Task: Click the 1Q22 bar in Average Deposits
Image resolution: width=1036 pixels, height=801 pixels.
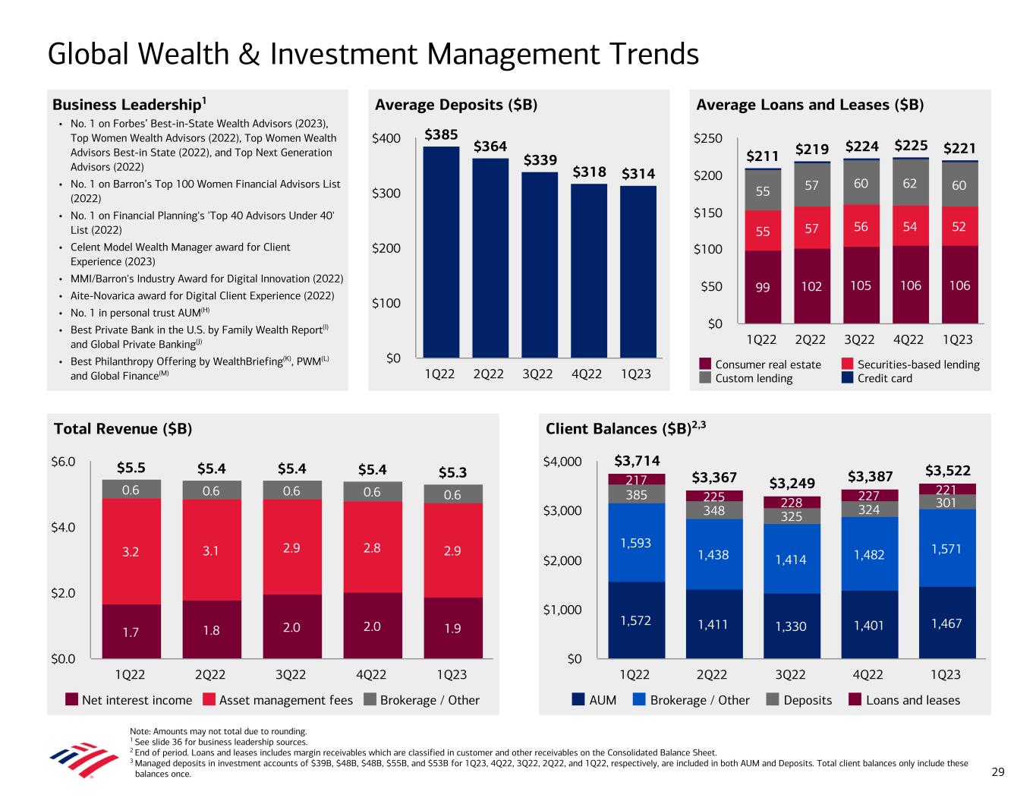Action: pos(441,251)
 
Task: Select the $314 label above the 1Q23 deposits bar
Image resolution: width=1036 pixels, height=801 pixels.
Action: pos(639,174)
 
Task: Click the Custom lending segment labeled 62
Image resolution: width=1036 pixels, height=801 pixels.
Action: pos(910,183)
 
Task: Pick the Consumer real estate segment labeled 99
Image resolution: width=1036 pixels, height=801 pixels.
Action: pos(762,286)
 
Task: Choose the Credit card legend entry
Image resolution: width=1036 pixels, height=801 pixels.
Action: pos(884,378)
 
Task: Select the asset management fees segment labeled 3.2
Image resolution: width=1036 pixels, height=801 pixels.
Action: pos(131,551)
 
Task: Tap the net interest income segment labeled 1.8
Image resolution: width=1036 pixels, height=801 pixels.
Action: pos(211,629)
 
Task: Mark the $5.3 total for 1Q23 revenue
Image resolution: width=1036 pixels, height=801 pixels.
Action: pos(453,472)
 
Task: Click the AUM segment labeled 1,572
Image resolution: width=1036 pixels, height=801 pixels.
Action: pos(635,621)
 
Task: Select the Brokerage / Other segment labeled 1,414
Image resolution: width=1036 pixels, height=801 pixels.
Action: pos(790,560)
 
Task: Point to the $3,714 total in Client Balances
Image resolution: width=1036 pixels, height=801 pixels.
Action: pos(637,461)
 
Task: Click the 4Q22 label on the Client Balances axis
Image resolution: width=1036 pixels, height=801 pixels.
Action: pos(868,674)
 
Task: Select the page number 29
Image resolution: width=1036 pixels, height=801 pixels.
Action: pos(998,772)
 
